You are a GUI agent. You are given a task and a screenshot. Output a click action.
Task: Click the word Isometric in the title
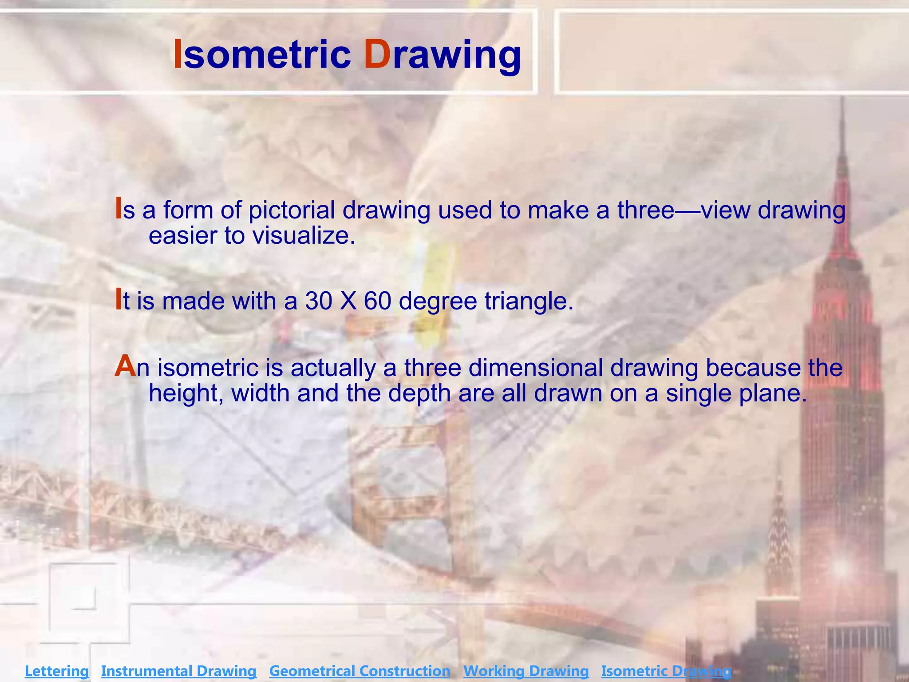pyautogui.click(x=262, y=55)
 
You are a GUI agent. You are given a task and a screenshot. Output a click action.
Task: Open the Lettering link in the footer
pyautogui.click(x=57, y=671)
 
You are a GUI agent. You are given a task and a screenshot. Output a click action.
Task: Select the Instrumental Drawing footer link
pyautogui.click(x=179, y=671)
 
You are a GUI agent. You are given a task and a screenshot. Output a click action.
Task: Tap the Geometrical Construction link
pyautogui.click(x=360, y=671)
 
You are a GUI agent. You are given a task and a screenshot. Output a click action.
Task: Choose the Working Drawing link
pyautogui.click(x=526, y=671)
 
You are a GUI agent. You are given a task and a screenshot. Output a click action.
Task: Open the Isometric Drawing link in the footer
pyautogui.click(x=666, y=671)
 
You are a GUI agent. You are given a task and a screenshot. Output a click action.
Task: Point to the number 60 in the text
pyautogui.click(x=377, y=301)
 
